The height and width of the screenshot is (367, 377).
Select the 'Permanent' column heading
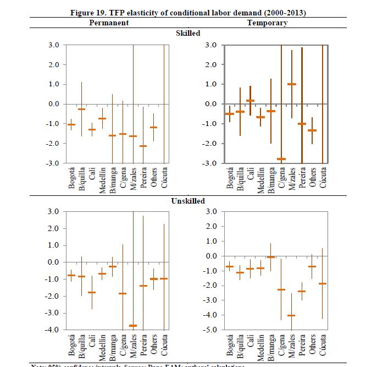tap(109, 23)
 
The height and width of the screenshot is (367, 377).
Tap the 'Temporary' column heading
tap(267, 23)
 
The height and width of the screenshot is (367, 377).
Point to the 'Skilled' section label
tap(188, 33)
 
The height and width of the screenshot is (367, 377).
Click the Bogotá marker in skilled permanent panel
tap(71, 124)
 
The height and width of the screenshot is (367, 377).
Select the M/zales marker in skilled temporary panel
tap(291, 84)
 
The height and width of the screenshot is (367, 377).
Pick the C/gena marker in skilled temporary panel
tap(281, 159)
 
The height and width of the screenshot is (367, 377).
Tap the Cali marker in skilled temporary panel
tap(250, 101)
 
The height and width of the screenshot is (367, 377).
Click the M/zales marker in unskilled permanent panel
tap(132, 326)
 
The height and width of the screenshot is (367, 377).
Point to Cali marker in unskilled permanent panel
tap(91, 292)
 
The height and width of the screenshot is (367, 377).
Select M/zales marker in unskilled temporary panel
tap(291, 316)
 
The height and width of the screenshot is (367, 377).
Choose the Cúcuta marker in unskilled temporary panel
tap(322, 283)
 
